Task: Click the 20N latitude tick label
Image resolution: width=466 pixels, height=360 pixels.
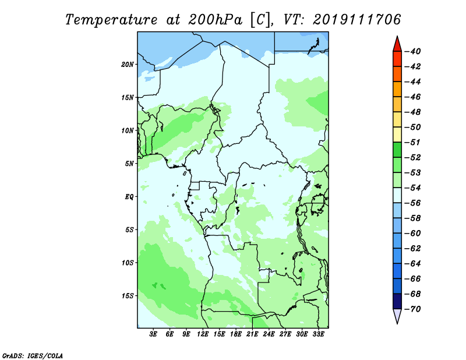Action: tap(128, 65)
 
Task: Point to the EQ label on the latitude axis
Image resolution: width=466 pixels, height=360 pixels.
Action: tap(129, 197)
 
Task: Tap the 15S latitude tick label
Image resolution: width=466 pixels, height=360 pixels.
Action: tap(128, 296)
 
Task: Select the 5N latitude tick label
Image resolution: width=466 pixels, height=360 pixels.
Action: tap(129, 164)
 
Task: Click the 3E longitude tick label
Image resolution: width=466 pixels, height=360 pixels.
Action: tap(153, 334)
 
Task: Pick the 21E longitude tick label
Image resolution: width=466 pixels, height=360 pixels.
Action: tap(252, 334)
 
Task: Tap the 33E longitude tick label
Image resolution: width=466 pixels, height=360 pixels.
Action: tap(318, 334)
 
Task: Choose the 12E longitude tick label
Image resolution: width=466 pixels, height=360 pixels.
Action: tap(203, 334)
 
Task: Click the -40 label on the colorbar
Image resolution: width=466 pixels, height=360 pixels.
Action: tap(412, 51)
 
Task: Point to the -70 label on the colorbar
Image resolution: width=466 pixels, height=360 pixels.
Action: tap(412, 309)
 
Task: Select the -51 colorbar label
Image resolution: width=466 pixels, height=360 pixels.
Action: tap(412, 142)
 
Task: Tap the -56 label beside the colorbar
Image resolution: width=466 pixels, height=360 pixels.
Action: tap(412, 203)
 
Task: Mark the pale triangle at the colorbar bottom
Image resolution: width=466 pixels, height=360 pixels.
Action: tap(397, 315)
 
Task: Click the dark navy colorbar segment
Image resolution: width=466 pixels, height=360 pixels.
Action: tap(397, 301)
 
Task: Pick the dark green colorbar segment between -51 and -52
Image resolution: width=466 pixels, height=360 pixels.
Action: tap(397, 150)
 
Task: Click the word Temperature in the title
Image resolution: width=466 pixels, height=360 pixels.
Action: tap(111, 20)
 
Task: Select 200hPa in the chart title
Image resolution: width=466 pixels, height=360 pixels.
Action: tap(215, 20)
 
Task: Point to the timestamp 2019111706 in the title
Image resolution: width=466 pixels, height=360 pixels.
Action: tap(357, 20)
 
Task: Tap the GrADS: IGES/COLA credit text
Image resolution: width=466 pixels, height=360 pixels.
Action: tap(33, 355)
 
